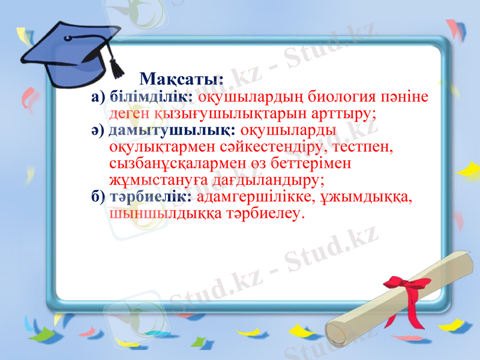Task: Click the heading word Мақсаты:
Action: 181,79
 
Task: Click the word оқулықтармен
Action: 158,146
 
